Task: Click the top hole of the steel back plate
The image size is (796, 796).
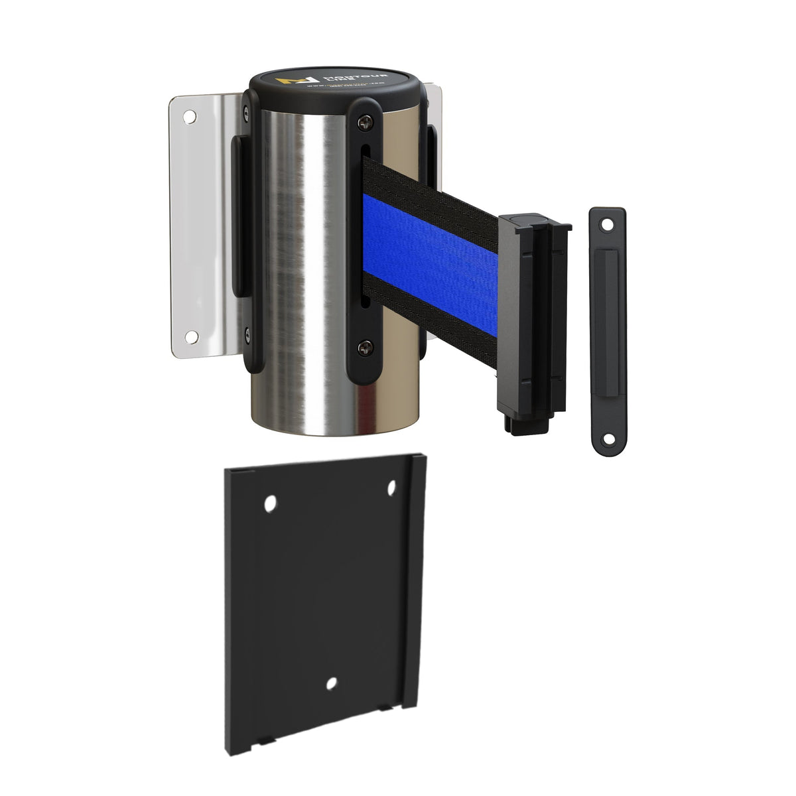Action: (190, 117)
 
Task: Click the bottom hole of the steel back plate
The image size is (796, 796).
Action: (190, 336)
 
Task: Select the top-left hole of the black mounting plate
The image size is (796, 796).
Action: (270, 505)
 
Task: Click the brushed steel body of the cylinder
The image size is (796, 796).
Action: (292, 265)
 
